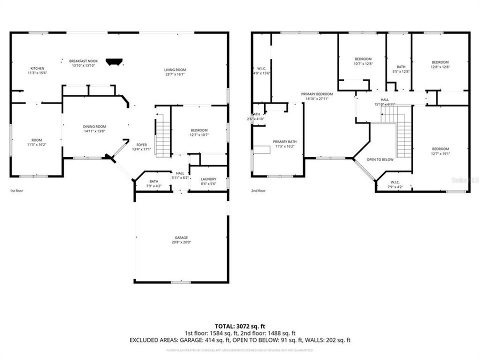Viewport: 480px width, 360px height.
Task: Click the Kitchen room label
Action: click(x=37, y=68)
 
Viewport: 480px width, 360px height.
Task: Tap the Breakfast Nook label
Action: click(x=83, y=61)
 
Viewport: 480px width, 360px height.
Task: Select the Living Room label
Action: click(x=175, y=70)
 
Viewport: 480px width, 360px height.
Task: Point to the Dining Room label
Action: click(x=94, y=126)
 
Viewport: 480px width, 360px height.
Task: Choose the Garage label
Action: click(x=181, y=237)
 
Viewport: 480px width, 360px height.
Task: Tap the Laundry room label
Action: click(x=208, y=179)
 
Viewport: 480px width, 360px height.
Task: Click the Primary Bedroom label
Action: click(x=316, y=94)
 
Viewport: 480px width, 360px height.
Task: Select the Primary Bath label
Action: click(x=284, y=142)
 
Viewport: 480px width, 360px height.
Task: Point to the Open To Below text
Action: click(x=380, y=159)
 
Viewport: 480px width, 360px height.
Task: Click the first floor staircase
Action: click(x=162, y=135)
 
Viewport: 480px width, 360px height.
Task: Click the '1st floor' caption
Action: click(x=16, y=190)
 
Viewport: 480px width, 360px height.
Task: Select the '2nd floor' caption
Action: click(x=258, y=190)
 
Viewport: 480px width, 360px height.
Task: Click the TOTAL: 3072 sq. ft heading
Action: click(x=239, y=325)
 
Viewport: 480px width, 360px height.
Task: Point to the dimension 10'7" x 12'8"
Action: click(x=363, y=63)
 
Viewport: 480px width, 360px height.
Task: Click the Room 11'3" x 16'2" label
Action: click(x=37, y=140)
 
